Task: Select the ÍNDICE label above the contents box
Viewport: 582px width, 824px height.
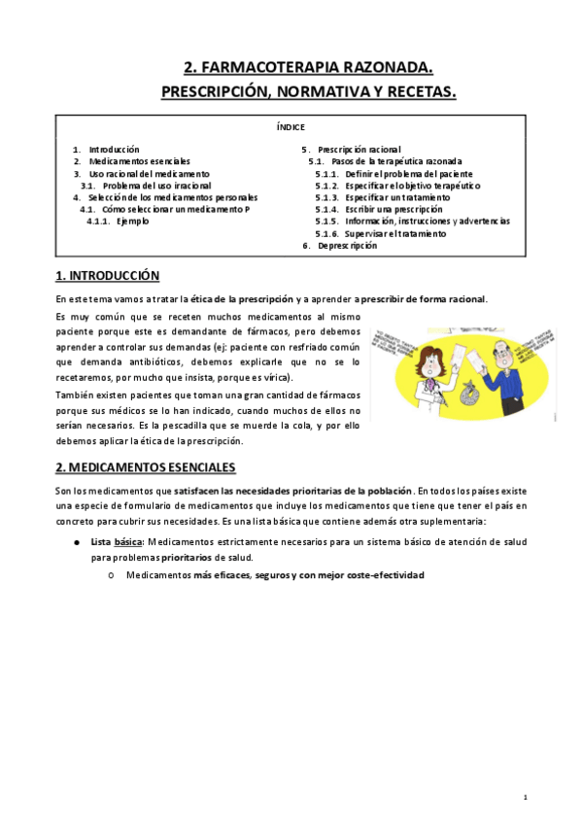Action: [291, 126]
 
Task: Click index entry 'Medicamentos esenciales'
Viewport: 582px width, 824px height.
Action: [139, 160]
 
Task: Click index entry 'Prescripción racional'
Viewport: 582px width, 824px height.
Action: [359, 149]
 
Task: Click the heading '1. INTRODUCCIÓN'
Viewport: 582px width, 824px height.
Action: [108, 276]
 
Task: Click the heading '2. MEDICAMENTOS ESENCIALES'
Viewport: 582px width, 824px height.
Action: [145, 466]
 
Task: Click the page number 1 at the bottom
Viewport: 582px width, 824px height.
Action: [525, 797]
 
